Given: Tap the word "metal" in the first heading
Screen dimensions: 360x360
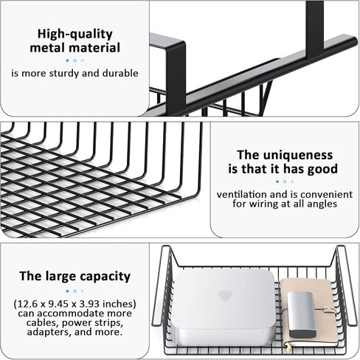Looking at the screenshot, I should click(52, 48).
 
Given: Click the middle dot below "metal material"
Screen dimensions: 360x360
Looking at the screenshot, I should click(75, 60).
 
